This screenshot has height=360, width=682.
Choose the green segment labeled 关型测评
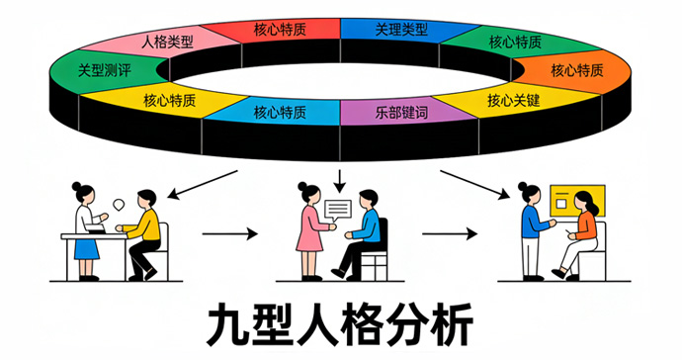(105, 70)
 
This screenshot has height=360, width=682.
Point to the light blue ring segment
(280, 113)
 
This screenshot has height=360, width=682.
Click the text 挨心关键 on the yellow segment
(514, 101)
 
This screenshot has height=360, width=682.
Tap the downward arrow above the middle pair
(340, 181)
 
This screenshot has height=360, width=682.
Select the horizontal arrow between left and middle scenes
(230, 233)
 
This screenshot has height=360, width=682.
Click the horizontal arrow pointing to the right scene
(450, 233)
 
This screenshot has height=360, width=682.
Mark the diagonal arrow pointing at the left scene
(203, 185)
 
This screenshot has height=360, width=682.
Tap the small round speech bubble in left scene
(119, 205)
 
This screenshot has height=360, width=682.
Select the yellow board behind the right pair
(577, 201)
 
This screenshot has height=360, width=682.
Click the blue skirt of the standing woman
(87, 249)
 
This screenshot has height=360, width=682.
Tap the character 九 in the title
(227, 325)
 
